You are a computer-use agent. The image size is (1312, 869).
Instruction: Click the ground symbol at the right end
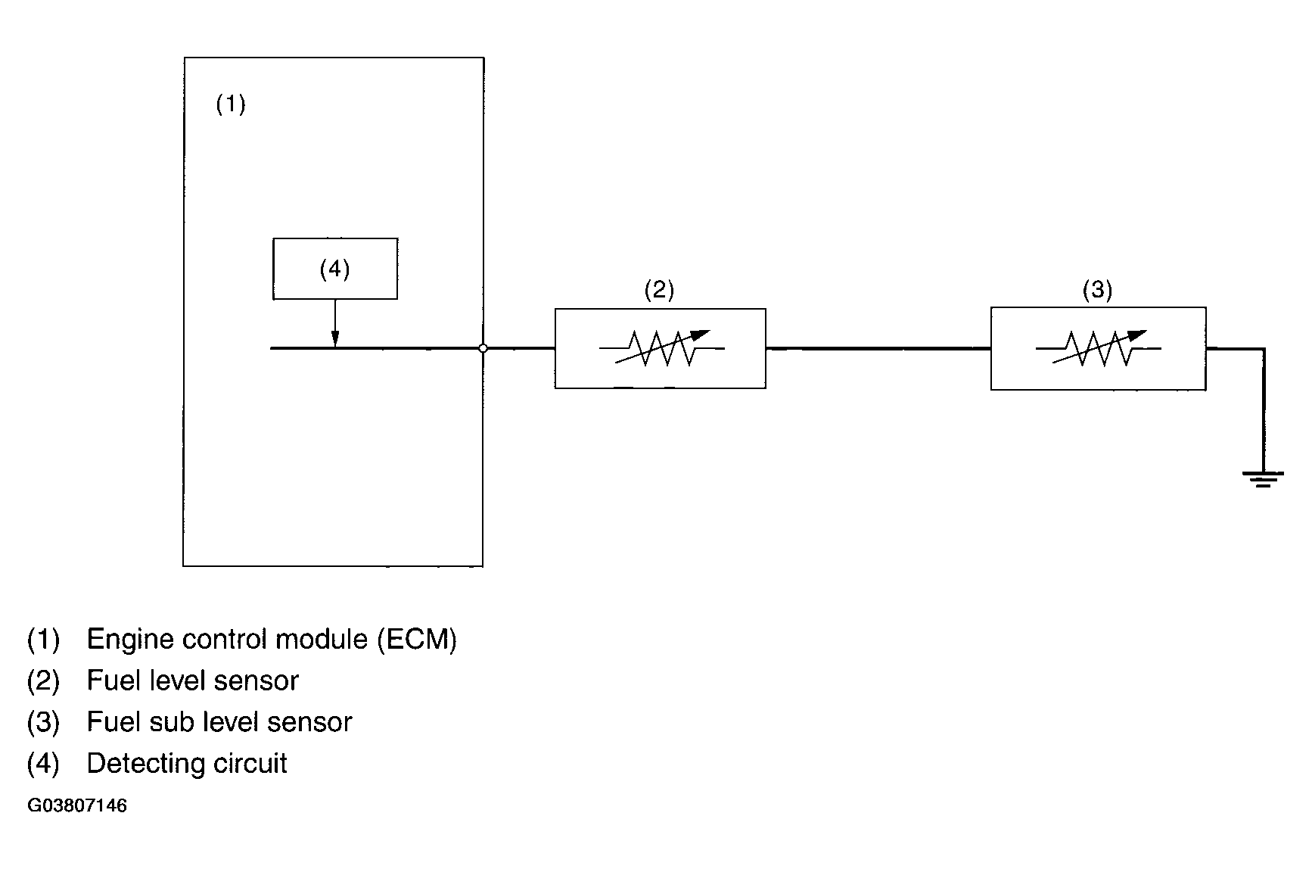click(1262, 478)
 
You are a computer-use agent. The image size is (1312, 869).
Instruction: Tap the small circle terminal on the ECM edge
click(483, 348)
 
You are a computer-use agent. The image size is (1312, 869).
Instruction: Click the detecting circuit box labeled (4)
click(334, 269)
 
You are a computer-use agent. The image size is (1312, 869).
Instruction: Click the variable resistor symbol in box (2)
click(661, 348)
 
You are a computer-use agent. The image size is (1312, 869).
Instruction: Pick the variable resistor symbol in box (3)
click(1098, 348)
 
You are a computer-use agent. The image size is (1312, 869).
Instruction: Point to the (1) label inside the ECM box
click(231, 104)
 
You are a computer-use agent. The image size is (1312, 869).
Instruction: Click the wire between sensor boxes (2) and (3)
click(878, 349)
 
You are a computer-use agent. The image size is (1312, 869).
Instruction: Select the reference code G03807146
click(77, 805)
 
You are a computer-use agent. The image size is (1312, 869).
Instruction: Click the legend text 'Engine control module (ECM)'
click(272, 640)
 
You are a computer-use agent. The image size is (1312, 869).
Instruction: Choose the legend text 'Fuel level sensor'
click(193, 681)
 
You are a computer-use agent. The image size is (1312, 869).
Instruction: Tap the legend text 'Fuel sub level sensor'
click(219, 722)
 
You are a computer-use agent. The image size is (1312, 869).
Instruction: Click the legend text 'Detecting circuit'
click(187, 764)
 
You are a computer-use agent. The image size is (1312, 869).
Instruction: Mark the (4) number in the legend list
click(43, 764)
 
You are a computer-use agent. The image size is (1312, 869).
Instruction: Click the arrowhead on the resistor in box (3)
click(1139, 335)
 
